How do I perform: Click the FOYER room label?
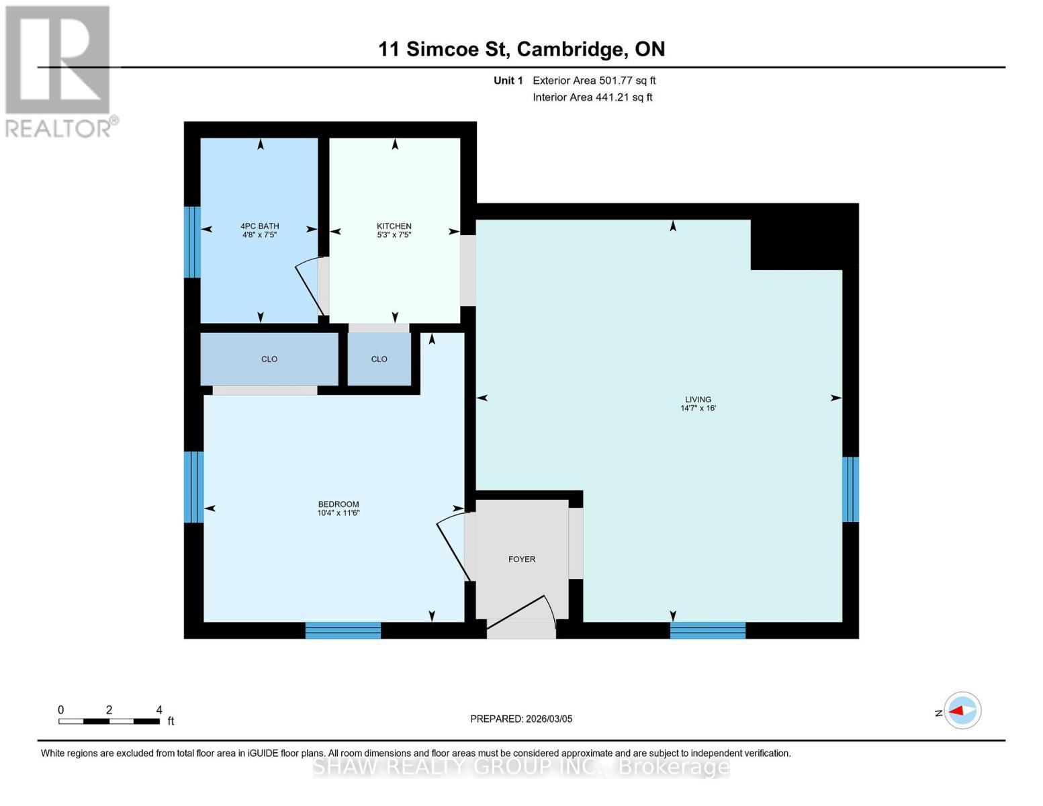coord(522,559)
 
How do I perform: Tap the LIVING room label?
coord(698,400)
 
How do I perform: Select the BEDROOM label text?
coord(338,504)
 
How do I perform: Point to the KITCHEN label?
coord(394,226)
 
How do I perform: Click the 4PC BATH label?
coord(260,226)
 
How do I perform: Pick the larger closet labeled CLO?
coord(269,359)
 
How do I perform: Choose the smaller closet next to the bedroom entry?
coord(379,359)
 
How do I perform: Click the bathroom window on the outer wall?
coord(192,242)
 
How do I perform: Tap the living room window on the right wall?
coord(850,489)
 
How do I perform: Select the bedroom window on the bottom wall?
coord(343,630)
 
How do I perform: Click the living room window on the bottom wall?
coord(708,630)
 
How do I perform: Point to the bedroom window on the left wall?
coord(193,487)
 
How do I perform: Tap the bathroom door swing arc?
coord(309,285)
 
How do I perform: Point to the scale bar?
coord(109,721)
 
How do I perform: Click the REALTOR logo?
coord(59,71)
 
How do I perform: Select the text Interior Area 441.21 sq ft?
coord(592,97)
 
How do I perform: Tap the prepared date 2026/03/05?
coord(521,719)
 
